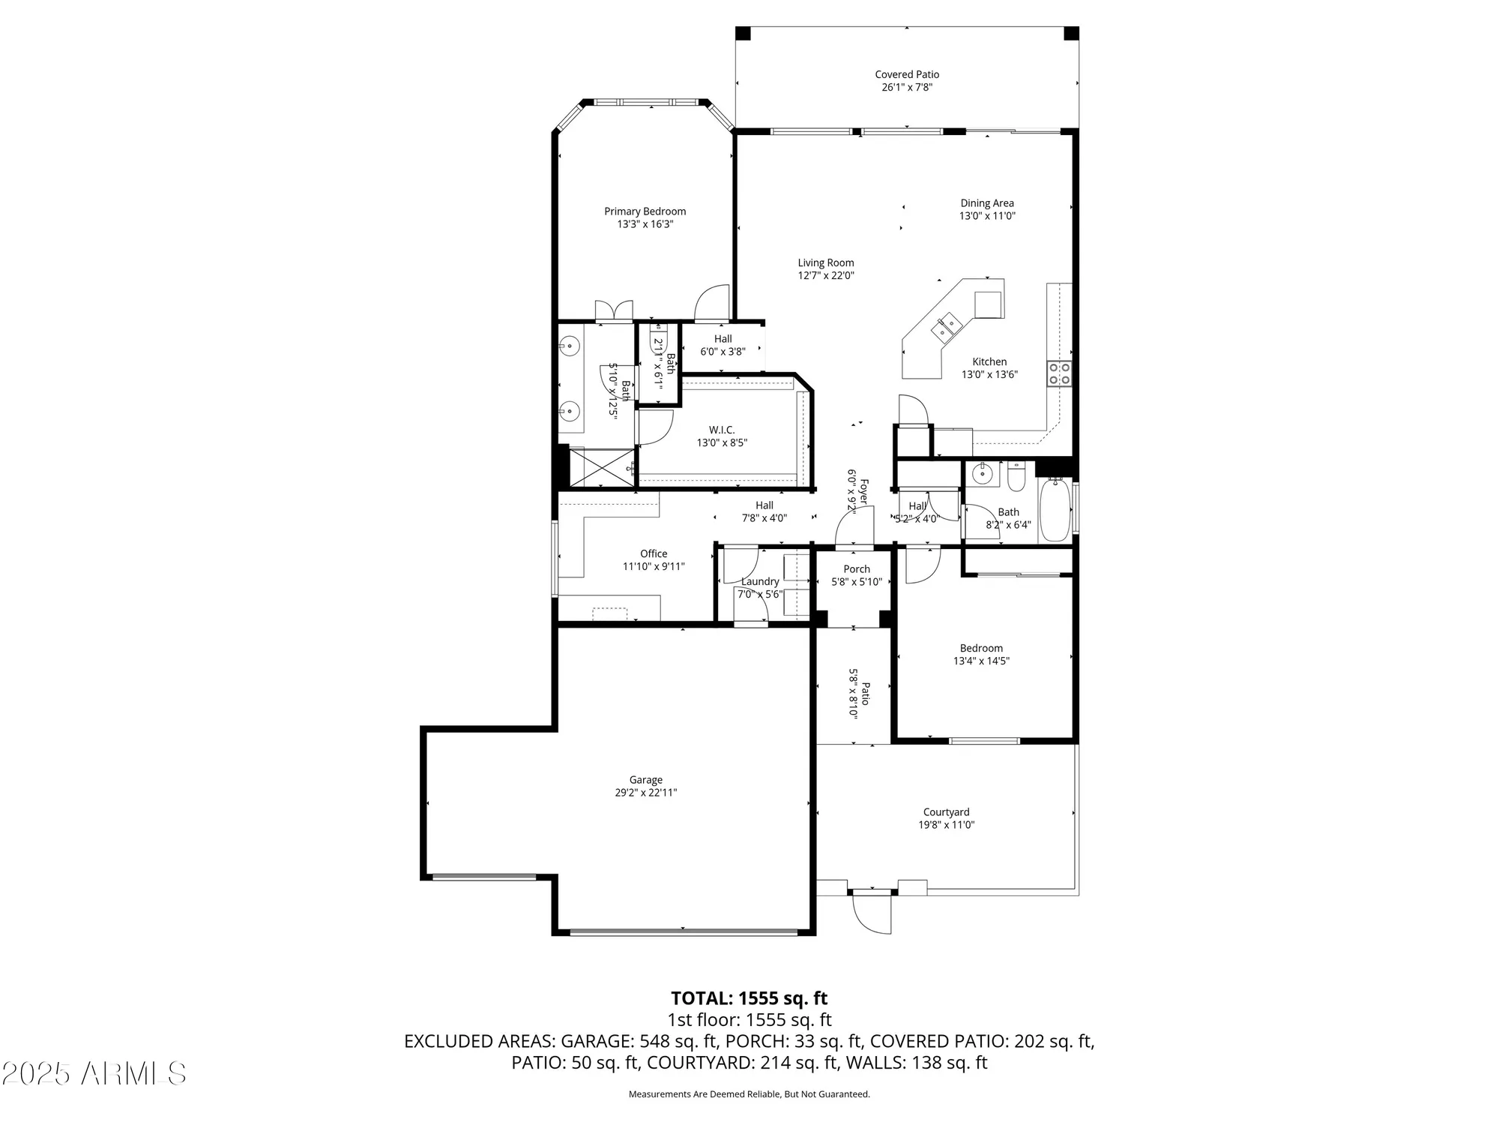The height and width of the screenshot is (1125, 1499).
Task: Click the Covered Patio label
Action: tap(907, 74)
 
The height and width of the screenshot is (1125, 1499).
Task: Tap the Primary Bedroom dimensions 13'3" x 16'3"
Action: tap(645, 224)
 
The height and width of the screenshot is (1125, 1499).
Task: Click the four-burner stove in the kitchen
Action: tap(1059, 373)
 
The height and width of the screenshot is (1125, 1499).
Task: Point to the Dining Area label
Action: tap(987, 203)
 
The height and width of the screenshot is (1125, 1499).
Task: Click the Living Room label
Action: tap(825, 263)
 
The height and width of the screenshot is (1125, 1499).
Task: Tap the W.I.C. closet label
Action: tap(722, 430)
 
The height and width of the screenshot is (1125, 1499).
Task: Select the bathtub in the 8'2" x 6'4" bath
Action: tap(1055, 510)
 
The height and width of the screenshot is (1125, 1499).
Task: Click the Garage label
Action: tap(645, 780)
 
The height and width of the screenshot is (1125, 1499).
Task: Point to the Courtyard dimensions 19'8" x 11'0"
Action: tap(946, 825)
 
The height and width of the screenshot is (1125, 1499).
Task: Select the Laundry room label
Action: tap(760, 581)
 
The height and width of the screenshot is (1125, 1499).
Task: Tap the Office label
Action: tap(654, 554)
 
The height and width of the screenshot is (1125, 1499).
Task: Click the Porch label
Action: tap(857, 569)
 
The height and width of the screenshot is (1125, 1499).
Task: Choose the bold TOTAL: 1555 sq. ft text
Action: tap(749, 998)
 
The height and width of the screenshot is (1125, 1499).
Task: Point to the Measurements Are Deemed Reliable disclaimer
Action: tap(749, 1094)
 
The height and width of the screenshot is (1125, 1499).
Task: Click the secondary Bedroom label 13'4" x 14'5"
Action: tap(981, 655)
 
